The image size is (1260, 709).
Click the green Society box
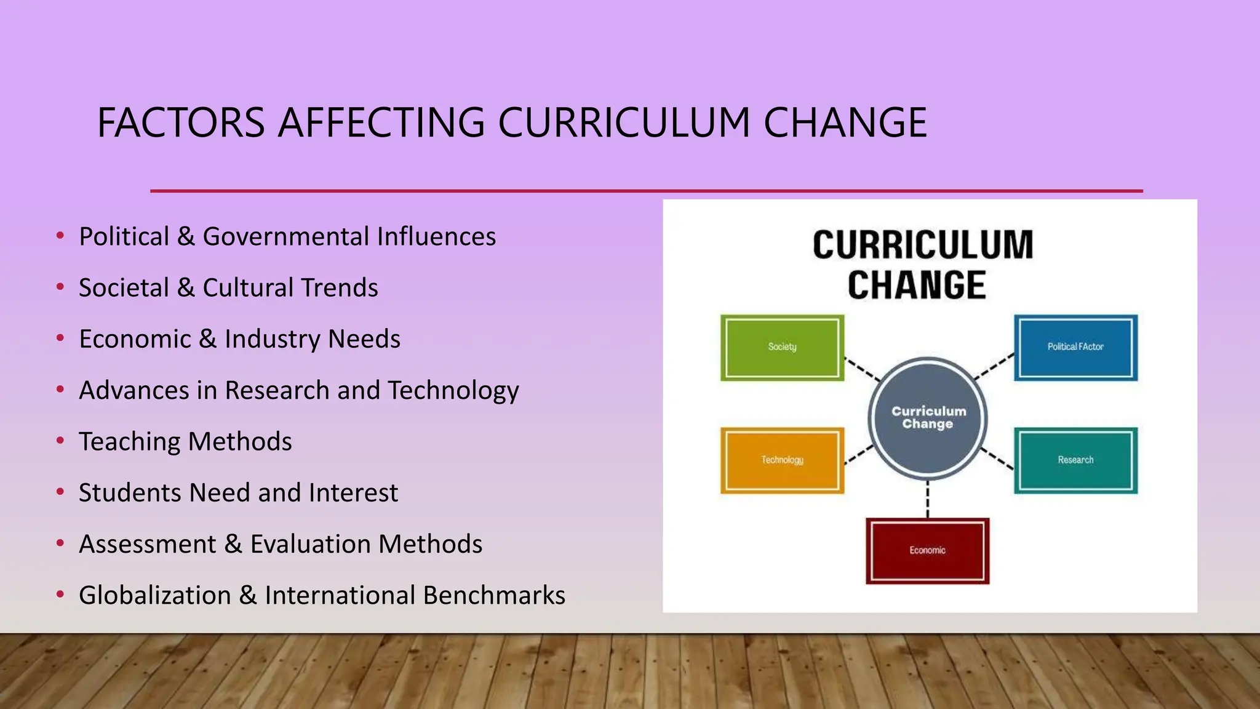[x=782, y=348]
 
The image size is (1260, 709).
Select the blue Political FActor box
[x=1075, y=348]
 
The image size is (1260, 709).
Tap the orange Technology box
[x=782, y=460]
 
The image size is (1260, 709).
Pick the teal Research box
[x=1075, y=460]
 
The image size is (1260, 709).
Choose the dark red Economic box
[x=927, y=551]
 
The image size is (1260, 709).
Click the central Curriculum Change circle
[x=928, y=418]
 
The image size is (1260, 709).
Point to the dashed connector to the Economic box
[x=928, y=499]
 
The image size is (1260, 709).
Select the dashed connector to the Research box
[x=997, y=459]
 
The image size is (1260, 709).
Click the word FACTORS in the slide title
[x=181, y=122]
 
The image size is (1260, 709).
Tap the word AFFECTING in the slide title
[x=381, y=122]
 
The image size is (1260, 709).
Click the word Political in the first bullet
[x=124, y=237]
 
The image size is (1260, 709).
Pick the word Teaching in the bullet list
[x=129, y=442]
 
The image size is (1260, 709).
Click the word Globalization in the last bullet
[x=154, y=596]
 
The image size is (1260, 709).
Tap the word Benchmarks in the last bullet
[x=494, y=596]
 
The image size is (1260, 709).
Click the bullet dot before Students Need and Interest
[x=60, y=492]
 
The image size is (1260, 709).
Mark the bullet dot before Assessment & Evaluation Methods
[x=60, y=543]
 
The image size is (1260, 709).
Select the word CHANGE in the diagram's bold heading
[x=917, y=285]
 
